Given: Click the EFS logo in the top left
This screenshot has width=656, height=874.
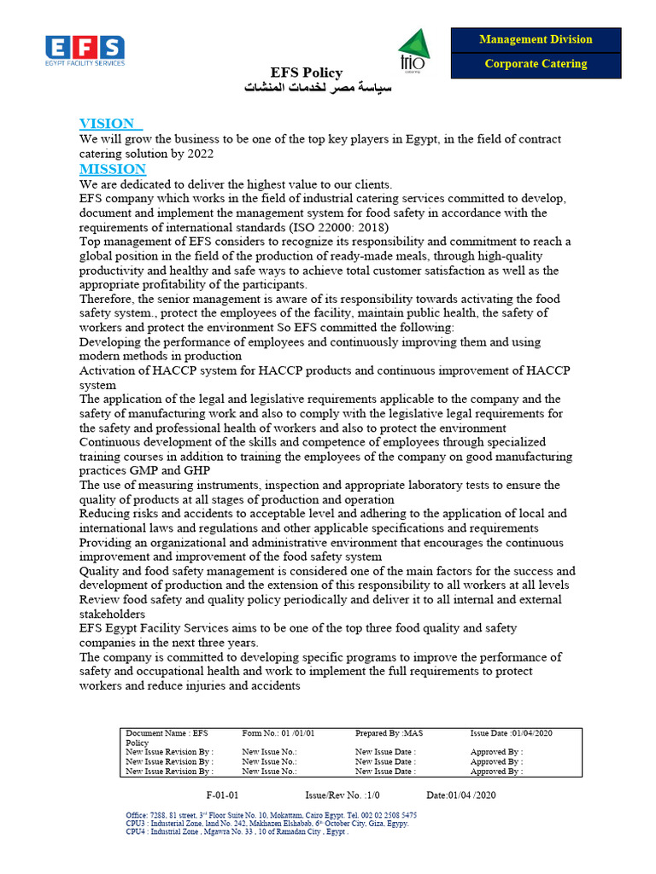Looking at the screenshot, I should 85,51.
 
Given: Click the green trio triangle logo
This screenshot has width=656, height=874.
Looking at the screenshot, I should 414,50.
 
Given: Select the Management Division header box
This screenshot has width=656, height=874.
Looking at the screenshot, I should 536,39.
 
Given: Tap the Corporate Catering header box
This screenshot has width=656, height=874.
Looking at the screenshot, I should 536,64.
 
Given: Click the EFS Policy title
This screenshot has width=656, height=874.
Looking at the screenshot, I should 307,73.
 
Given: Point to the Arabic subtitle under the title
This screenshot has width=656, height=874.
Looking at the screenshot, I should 307,88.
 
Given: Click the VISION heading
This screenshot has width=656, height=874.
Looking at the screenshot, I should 108,124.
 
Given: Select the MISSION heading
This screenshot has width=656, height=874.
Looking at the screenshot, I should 113,169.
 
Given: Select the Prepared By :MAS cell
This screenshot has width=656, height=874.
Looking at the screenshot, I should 389,733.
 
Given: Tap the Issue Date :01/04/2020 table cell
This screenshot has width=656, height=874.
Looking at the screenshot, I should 511,733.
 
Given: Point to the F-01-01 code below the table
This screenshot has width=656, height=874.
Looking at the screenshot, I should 222,795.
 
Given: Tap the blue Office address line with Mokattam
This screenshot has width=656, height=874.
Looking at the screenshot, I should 272,815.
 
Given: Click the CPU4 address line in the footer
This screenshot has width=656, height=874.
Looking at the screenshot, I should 237,832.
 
